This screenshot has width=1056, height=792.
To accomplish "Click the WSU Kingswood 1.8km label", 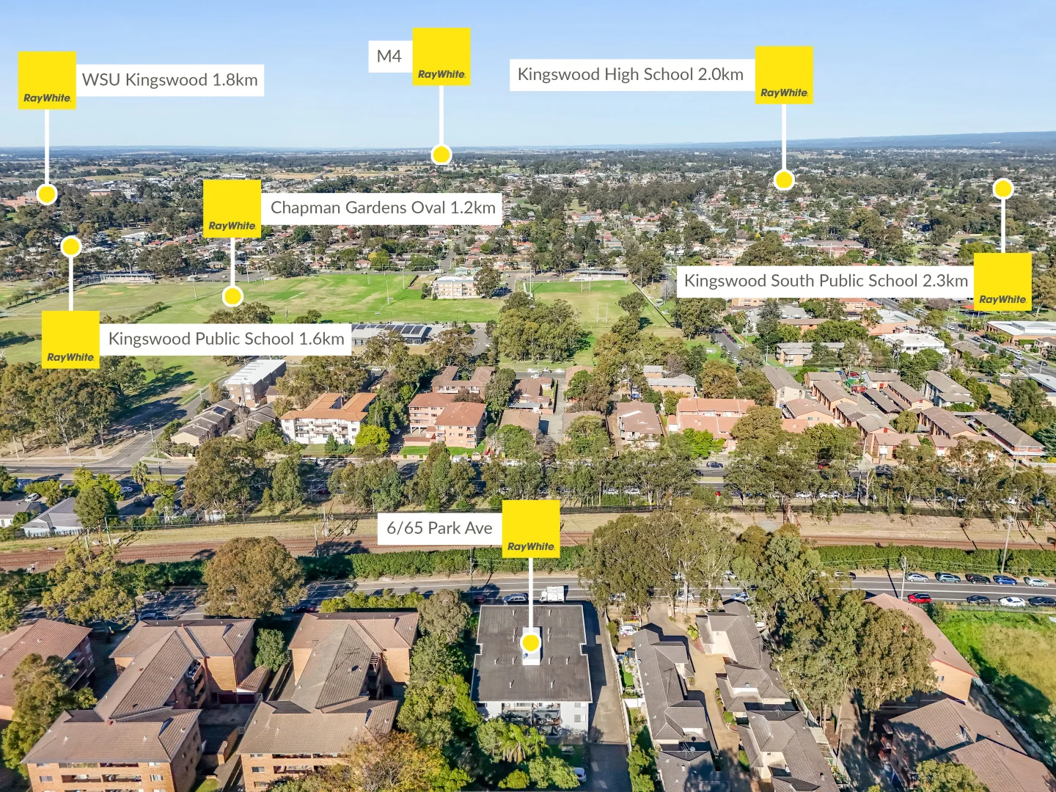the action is pyautogui.click(x=170, y=80).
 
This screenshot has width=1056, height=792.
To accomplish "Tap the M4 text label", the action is pyautogui.click(x=389, y=56).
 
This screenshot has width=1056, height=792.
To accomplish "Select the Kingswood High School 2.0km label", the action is pyautogui.click(x=631, y=75).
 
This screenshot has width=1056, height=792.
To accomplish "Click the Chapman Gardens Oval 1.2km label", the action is pyautogui.click(x=383, y=208).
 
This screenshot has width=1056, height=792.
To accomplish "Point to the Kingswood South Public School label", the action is pyautogui.click(x=826, y=281).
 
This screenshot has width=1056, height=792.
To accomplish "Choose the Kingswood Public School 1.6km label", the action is pyautogui.click(x=226, y=339).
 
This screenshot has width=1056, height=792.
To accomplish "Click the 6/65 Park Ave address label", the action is pyautogui.click(x=440, y=528).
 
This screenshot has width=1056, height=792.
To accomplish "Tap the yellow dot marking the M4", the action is pyautogui.click(x=441, y=155).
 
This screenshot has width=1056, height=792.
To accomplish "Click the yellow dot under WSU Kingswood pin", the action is pyautogui.click(x=47, y=194).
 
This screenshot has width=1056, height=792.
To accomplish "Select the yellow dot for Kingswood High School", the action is pyautogui.click(x=784, y=180).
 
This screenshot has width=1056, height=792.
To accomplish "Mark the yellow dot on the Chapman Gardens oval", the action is pyautogui.click(x=232, y=296).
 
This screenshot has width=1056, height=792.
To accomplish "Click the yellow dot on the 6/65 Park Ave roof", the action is pyautogui.click(x=531, y=642).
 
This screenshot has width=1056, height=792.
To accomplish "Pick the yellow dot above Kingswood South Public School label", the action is pyautogui.click(x=1003, y=188).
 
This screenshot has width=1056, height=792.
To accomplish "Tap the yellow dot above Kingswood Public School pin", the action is pyautogui.click(x=71, y=246).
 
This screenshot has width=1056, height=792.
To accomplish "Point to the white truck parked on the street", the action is pyautogui.click(x=551, y=594).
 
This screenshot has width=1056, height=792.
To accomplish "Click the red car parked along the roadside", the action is pyautogui.click(x=919, y=598).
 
